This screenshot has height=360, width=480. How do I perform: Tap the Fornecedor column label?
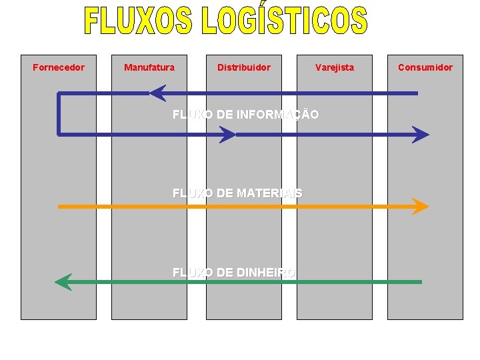pos(59,67)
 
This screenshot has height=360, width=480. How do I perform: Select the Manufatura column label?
pos(149,67)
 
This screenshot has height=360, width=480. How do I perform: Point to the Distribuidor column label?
pos(244,67)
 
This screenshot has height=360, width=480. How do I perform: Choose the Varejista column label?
pos(335,67)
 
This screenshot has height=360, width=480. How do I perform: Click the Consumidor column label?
pos(425,67)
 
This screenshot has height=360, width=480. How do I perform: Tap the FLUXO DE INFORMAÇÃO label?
pos(245,115)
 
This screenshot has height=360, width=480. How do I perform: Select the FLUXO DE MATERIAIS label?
pos(237,193)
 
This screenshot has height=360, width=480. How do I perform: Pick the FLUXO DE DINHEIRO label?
pos(234,272)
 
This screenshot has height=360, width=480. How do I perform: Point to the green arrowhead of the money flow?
pos(63,282)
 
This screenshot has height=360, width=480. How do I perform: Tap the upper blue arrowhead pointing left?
pos(157,93)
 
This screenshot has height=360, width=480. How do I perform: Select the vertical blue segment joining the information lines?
pos(59,114)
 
